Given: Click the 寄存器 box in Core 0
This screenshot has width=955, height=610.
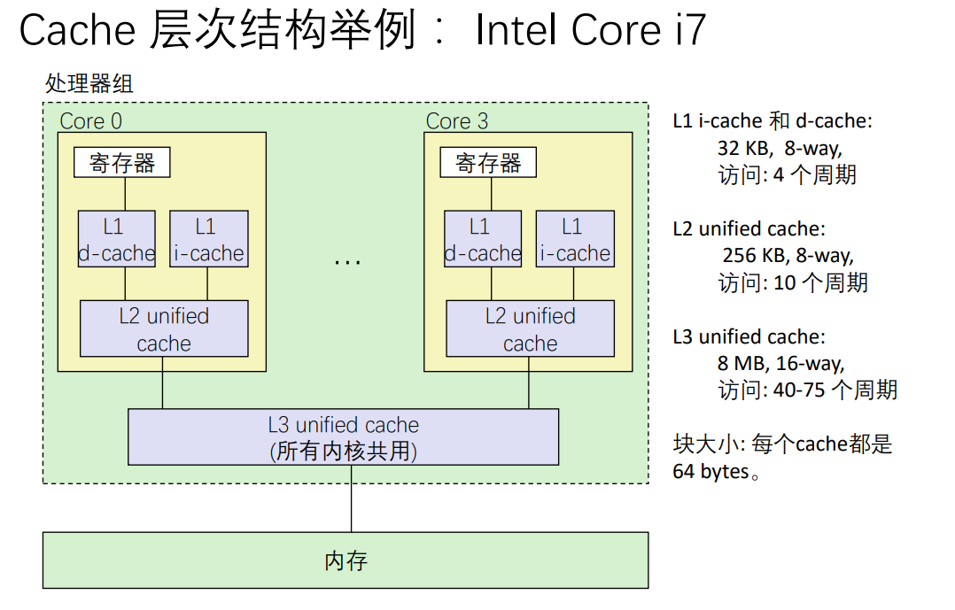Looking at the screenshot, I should coord(121,163).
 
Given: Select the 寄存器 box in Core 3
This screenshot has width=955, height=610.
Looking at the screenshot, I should coord(488,163).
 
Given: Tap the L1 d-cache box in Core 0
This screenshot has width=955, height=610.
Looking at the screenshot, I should coord(116,239).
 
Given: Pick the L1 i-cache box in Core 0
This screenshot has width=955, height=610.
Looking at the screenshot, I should coord(208,239).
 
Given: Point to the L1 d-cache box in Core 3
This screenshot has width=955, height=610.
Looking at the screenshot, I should coord(483,239).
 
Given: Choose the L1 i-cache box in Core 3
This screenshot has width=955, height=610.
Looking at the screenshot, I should coord(574,239).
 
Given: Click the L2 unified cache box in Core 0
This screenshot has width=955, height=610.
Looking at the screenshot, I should coord(164,328).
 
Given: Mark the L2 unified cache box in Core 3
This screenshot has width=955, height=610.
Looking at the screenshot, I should coord(530,328).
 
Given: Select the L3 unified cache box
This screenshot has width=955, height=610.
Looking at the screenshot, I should coord(344,437).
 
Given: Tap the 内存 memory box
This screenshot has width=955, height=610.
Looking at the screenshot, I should coord(346,560).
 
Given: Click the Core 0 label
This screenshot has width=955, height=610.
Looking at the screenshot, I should coord(90,121).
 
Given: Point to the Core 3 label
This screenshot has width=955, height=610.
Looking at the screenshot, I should coord(457,121).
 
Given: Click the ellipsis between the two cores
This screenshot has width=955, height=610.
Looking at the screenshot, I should coord(347,262).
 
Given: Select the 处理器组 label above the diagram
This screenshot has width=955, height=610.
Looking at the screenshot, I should coord(89,84).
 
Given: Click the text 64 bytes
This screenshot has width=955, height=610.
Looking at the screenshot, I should coord(710,472).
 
